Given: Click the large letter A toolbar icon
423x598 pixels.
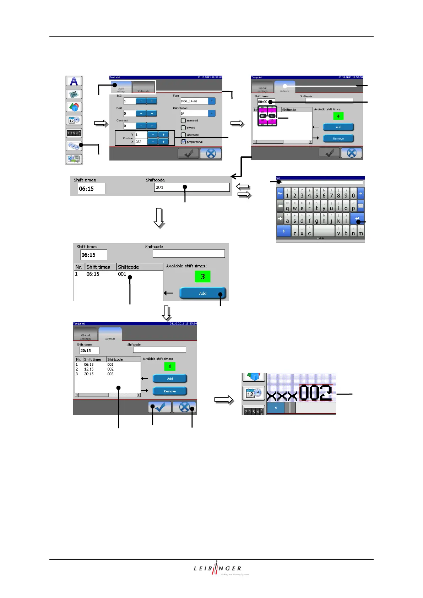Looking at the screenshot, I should [74, 81].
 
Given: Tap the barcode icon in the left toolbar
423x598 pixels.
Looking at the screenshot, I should [74, 94].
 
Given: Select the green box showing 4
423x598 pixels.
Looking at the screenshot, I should [338, 116].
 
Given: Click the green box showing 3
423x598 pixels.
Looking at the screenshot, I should [202, 276].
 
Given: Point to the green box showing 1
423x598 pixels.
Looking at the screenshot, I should [170, 366].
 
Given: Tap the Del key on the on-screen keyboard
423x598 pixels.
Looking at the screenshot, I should [280, 194].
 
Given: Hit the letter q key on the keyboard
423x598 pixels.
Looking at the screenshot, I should [287, 206].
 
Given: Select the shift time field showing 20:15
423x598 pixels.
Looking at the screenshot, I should [89, 350].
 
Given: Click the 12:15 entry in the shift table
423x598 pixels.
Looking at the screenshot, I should [89, 369].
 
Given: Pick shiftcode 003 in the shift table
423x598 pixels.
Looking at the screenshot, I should [110, 374].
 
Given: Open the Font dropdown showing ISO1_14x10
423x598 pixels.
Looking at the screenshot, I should [212, 101].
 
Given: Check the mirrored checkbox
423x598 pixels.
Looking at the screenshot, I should [183, 121].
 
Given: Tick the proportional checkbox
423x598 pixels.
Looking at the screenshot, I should [183, 142].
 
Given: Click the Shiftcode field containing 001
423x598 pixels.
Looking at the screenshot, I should [192, 187].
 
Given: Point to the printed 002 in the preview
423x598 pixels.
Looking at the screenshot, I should [315, 393].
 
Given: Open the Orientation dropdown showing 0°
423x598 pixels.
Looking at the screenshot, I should [212, 114].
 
